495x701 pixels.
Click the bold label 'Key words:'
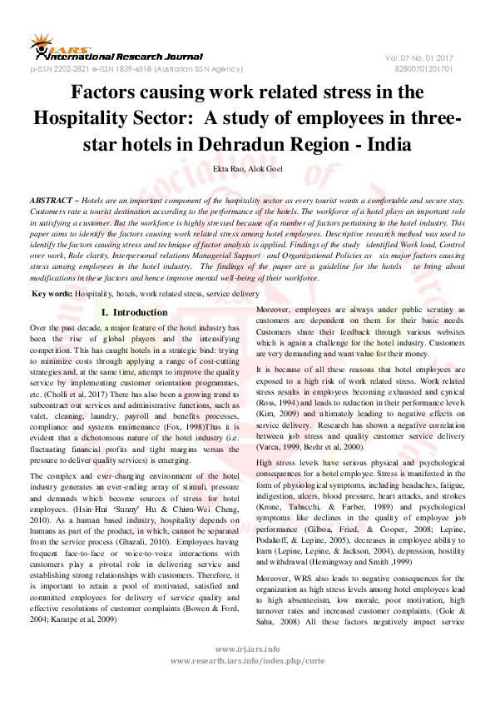click(x=52, y=294)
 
